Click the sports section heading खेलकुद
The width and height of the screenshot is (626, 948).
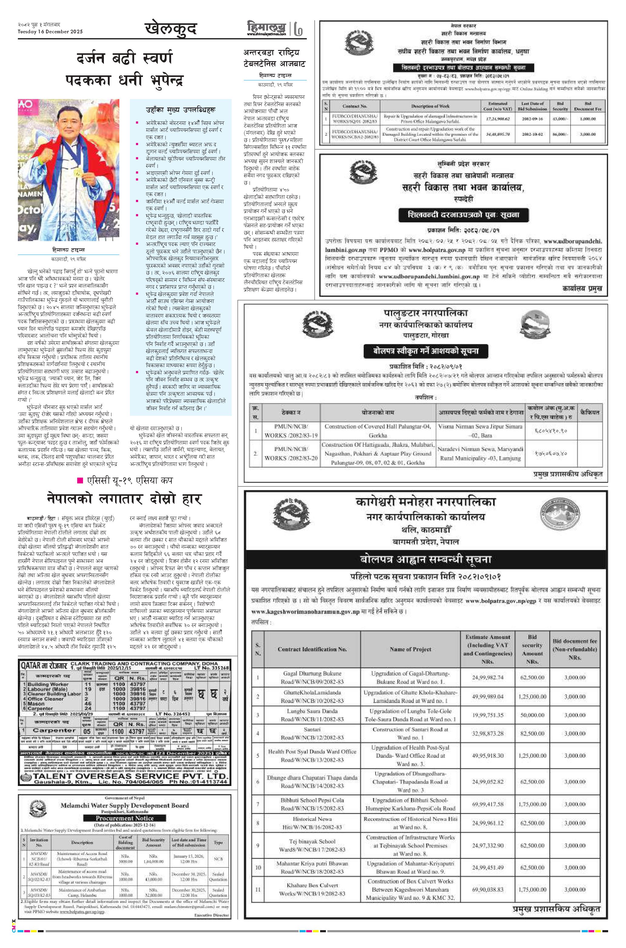[171, 29]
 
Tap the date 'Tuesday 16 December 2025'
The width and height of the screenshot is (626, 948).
[50, 32]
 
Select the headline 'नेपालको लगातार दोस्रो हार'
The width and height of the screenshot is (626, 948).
[124, 499]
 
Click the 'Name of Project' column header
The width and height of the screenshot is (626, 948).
[410, 649]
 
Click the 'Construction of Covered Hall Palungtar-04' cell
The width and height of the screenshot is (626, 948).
[377, 431]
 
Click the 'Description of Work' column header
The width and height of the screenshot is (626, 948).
[430, 106]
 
